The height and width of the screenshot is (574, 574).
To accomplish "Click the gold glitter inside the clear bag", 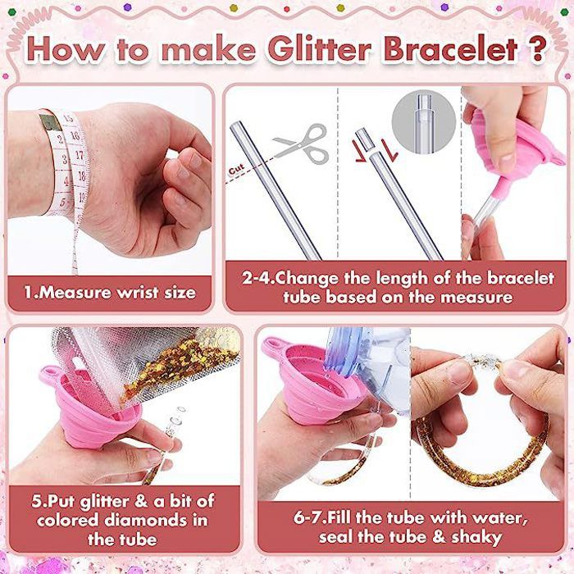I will (x=172, y=369).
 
